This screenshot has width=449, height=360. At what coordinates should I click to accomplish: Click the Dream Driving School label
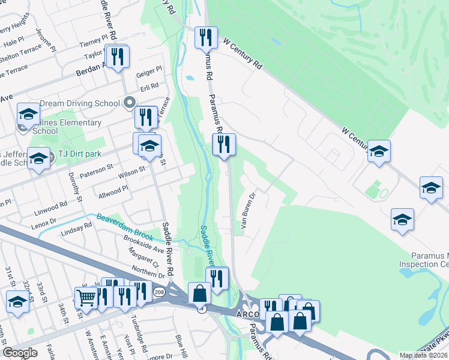tap(80, 103)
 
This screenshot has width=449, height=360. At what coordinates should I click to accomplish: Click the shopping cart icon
tap(86, 296)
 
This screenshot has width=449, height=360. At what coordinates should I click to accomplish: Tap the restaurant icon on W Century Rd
tap(206, 37)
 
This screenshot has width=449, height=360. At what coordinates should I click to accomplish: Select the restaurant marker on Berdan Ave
tap(116, 56)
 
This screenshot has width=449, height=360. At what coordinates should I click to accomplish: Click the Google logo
tap(19, 353)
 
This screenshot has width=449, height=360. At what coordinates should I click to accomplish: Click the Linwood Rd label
tap(50, 208)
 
